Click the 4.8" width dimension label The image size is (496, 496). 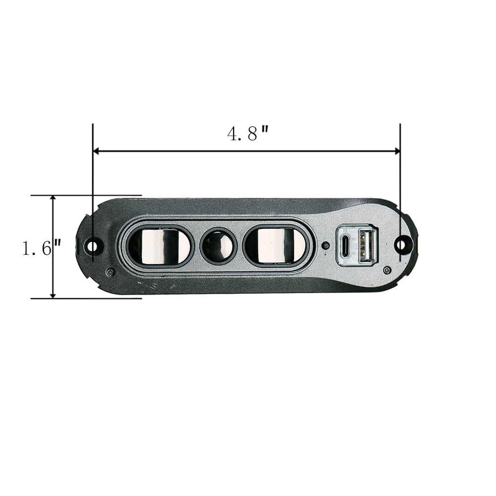248,133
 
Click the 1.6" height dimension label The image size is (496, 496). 41,248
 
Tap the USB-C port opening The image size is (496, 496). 346,246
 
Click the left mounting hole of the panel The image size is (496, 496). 92,246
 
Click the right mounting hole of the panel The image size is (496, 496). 401,245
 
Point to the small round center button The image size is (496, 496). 218,246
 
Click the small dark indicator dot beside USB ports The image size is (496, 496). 324,246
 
